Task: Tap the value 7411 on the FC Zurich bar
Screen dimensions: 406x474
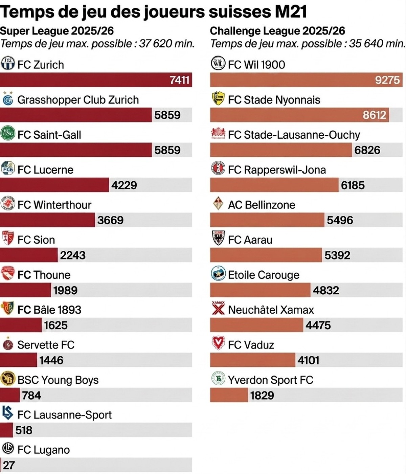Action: point(179,80)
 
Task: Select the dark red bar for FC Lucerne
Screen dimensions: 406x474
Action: point(54,185)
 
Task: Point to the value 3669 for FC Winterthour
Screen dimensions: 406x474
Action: point(110,220)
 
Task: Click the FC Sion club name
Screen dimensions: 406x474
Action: point(36,240)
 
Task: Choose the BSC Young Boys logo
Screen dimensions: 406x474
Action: point(8,379)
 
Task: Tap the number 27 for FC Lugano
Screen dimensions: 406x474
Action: point(9,466)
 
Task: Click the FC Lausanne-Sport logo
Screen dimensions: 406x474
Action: point(7,413)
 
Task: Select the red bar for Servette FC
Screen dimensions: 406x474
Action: point(18,360)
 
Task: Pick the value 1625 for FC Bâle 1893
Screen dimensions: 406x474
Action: point(56,325)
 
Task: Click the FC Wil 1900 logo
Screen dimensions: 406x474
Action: point(218,63)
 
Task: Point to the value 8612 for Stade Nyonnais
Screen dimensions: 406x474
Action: point(375,115)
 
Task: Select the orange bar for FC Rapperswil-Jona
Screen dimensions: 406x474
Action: point(274,185)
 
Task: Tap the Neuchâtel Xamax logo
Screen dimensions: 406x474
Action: point(218,308)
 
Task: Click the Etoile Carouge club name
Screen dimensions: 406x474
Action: point(264,275)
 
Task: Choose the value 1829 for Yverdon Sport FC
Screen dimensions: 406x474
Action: point(262,396)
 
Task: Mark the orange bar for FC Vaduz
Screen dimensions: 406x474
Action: point(253,360)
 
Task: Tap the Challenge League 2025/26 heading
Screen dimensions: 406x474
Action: point(277,31)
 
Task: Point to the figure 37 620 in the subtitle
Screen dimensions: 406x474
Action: point(155,44)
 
